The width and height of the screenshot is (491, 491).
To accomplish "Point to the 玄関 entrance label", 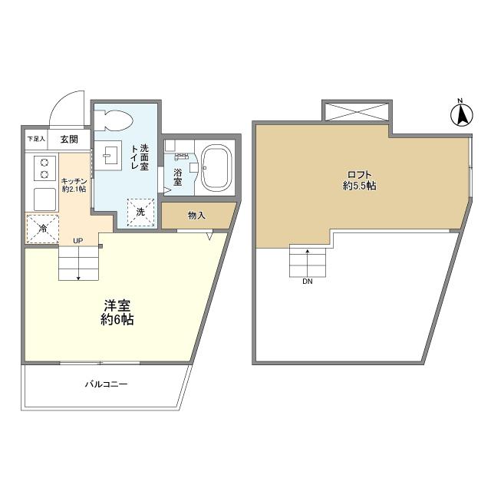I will [68, 140].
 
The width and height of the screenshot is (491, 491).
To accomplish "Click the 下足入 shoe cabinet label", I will [36, 140].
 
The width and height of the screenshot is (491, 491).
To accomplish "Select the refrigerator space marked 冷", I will [41, 227].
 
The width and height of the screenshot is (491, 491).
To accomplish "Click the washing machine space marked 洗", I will [140, 212].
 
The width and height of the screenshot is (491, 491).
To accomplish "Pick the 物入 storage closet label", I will [196, 216].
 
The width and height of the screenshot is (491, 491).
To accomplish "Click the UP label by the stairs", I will [77, 241].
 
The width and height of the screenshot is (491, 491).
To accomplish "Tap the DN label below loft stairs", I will [307, 282].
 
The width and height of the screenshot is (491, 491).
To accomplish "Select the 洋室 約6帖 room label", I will [117, 312].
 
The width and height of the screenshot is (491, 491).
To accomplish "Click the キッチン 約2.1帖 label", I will [74, 184].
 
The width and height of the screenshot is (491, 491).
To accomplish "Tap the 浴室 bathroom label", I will [177, 177].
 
